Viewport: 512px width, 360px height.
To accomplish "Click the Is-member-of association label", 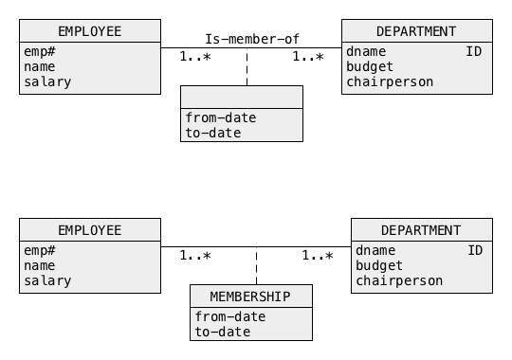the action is pos(252,39).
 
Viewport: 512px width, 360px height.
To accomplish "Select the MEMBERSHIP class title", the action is pos(250,297).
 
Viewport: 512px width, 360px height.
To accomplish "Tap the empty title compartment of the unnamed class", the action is pos(242,98).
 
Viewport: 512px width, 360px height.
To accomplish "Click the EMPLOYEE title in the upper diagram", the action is pos(90,31).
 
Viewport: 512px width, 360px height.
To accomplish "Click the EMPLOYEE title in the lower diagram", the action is pos(90,230).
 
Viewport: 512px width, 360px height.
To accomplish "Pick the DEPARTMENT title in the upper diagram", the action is pos(416,31).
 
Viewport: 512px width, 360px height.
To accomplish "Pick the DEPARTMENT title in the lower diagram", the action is pos(421,230).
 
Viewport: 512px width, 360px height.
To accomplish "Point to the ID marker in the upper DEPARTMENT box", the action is pos(473,51).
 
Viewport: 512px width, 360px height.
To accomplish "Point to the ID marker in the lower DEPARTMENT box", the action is pos(475,250).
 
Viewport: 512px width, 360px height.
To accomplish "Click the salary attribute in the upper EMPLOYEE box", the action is pos(47,81).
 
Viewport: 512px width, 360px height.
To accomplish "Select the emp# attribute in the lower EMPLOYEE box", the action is pos(40,250).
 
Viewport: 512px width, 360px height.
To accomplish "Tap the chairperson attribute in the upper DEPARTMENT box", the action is pos(390,81).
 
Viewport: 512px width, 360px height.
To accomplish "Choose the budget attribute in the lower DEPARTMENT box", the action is pos(379,265).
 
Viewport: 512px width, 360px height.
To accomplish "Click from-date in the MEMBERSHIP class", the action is pos(230,316).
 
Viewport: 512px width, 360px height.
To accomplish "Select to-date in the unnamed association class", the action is pos(213,133).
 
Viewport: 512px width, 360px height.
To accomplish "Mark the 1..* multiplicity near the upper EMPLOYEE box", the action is pos(195,57).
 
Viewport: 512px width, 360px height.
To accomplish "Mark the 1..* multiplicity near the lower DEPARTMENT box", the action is pos(318,255).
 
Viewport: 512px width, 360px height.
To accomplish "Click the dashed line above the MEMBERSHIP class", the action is pos(257,265).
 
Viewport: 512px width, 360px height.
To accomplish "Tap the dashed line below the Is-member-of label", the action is pos(247,67).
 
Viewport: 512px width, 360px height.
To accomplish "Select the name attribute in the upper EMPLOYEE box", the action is pos(40,67).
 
